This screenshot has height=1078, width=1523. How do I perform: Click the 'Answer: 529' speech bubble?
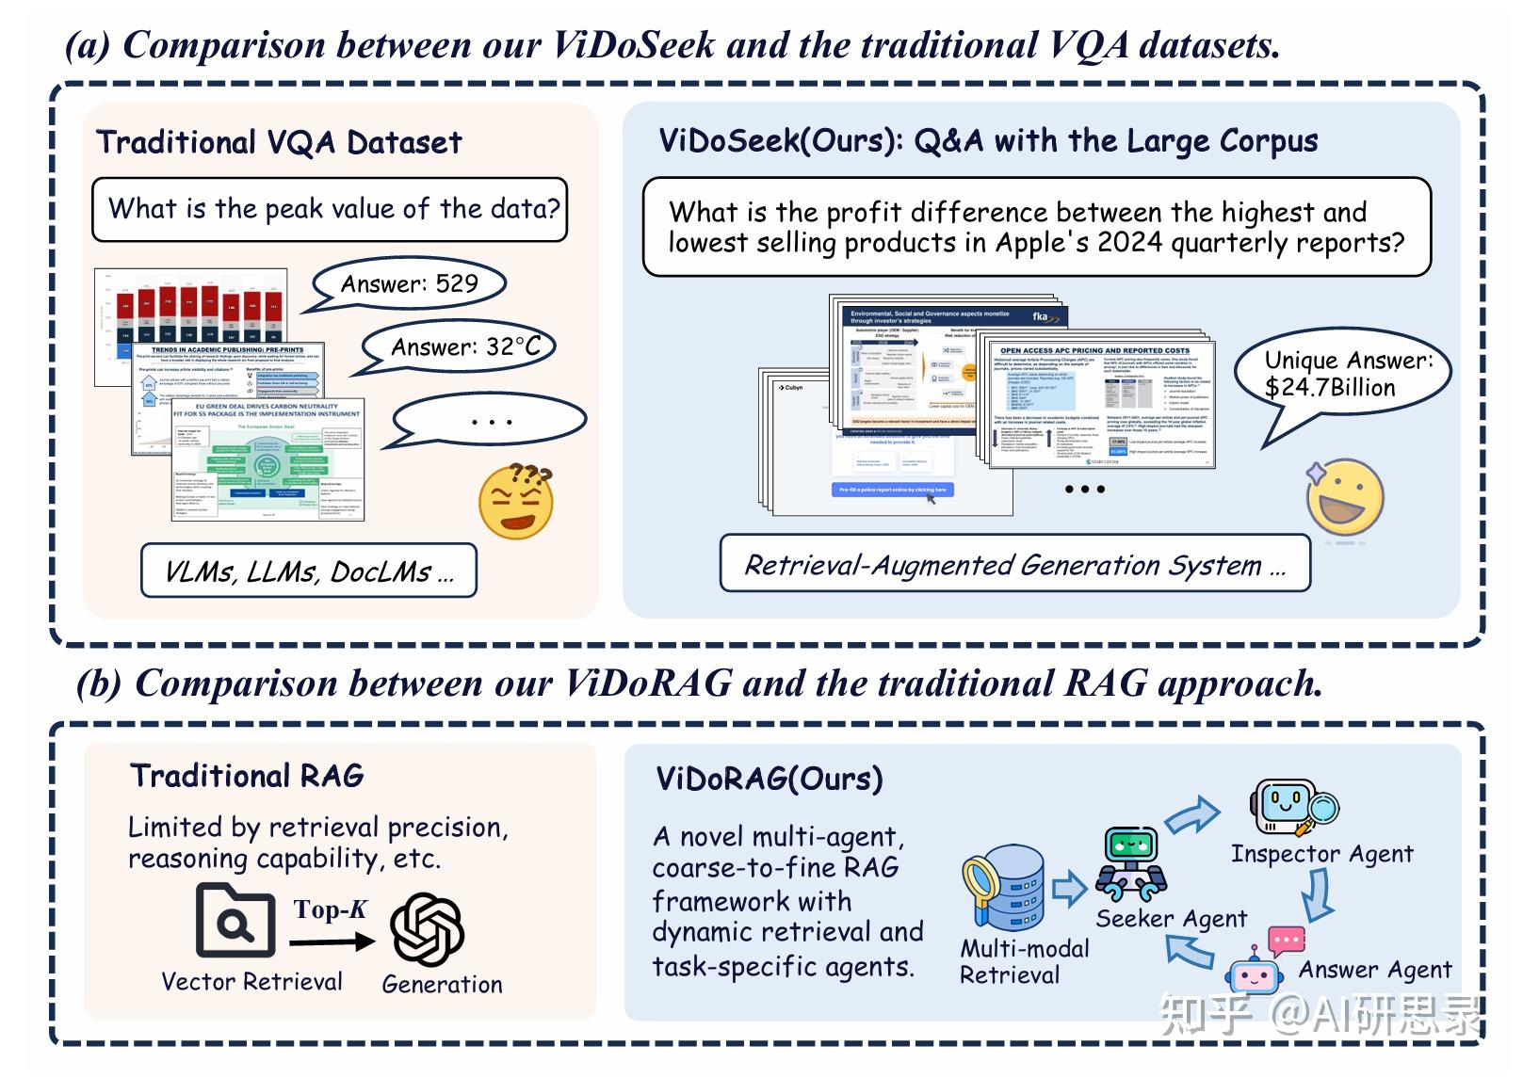(409, 283)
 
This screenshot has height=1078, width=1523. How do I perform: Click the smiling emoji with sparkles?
(1344, 499)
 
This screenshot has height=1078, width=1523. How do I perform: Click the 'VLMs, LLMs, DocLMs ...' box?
(309, 571)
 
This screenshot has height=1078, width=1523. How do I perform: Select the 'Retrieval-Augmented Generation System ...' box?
(1014, 564)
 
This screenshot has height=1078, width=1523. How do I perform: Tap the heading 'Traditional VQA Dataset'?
(279, 142)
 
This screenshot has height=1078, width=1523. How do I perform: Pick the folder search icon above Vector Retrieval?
(235, 921)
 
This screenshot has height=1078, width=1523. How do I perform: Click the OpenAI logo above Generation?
(427, 928)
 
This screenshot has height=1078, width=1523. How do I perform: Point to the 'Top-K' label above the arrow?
(330, 909)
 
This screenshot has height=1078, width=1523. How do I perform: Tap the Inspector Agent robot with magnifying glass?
(1292, 807)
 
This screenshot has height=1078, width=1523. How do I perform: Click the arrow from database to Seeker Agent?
(1069, 888)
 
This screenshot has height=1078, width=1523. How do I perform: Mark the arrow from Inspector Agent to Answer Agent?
(1318, 894)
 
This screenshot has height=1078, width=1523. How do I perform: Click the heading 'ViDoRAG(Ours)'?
(769, 779)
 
